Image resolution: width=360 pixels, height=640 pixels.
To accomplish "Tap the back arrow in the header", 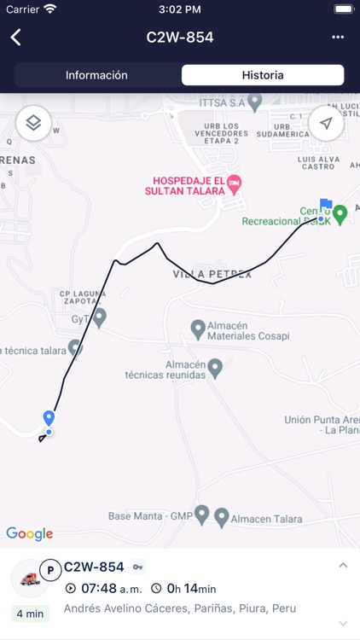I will pyautogui.click(x=15, y=38).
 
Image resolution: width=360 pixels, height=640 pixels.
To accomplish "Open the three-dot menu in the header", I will pyautogui.click(x=338, y=38).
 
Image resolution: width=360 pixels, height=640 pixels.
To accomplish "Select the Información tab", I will pyautogui.click(x=96, y=75).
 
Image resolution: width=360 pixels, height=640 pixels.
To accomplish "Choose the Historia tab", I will pyautogui.click(x=263, y=75).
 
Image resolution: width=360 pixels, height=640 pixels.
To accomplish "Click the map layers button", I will pyautogui.click(x=33, y=123).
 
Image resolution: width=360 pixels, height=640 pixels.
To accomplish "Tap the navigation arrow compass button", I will pyautogui.click(x=326, y=123).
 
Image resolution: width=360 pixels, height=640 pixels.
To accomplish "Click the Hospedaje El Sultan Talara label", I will pyautogui.click(x=189, y=185).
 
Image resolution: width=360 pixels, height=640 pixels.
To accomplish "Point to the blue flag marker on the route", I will pyautogui.click(x=325, y=205).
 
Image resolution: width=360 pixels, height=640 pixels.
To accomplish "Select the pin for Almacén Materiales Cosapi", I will pyautogui.click(x=198, y=328).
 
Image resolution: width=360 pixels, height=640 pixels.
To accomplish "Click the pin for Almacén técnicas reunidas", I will pyautogui.click(x=215, y=368).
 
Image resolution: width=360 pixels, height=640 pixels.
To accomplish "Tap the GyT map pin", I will pyautogui.click(x=100, y=317).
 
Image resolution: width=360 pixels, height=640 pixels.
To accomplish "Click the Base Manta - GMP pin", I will pyautogui.click(x=201, y=515).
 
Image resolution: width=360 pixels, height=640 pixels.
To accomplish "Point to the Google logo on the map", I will pyautogui.click(x=30, y=534).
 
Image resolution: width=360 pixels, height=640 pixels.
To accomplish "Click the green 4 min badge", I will pyautogui.click(x=30, y=613).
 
